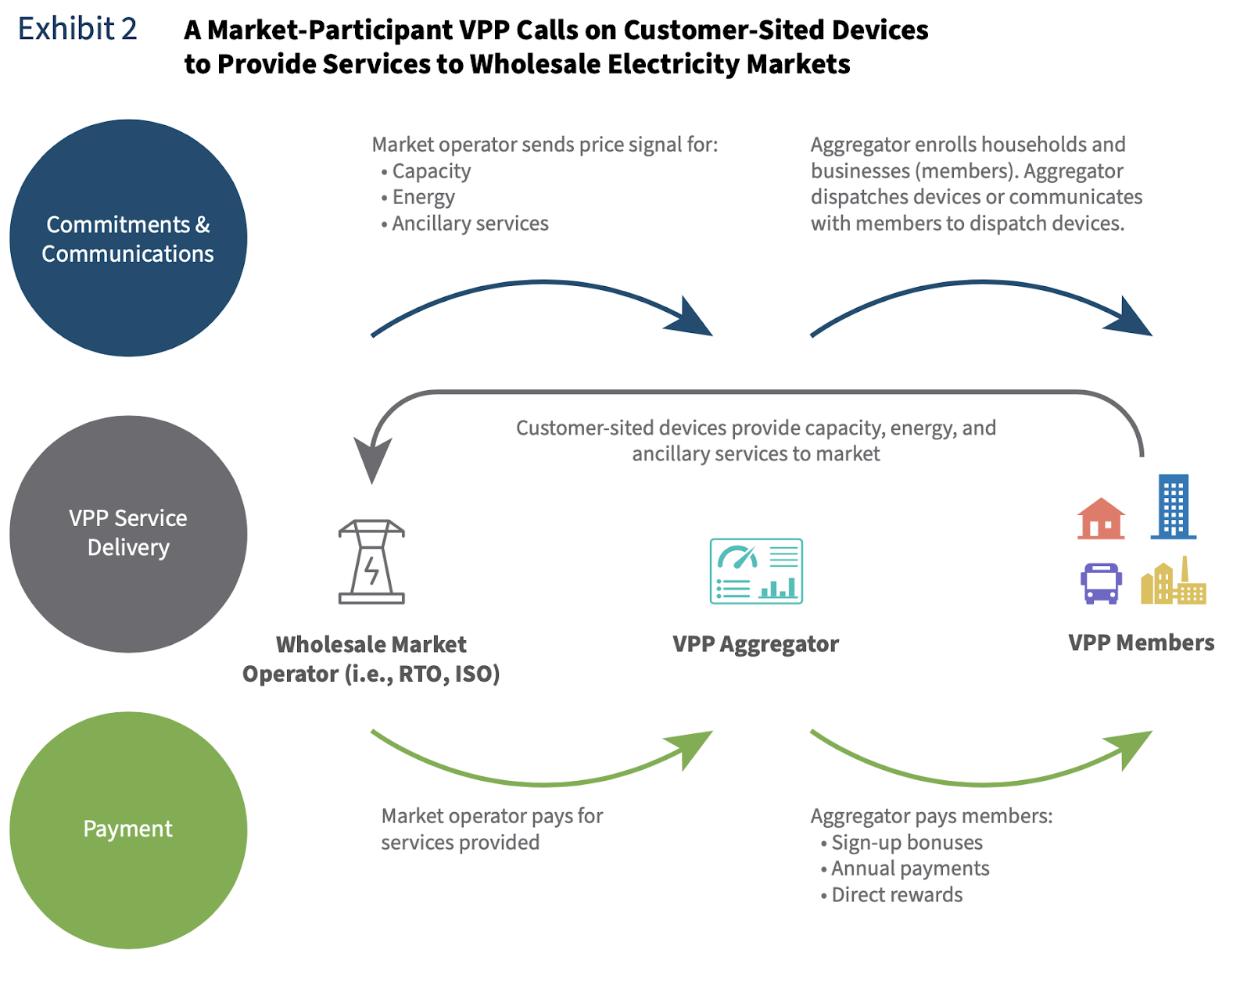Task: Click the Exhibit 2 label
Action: coord(77,29)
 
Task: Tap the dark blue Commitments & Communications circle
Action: coord(128,238)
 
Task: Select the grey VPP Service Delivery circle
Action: coord(128,533)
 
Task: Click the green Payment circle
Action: coord(128,829)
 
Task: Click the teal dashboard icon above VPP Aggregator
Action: coord(755,571)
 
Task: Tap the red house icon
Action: coord(1101,519)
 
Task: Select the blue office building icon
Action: coord(1173,507)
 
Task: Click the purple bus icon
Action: coord(1101,583)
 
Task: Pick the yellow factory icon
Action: coord(1173,583)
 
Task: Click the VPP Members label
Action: coord(1141,643)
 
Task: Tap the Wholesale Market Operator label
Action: coord(371,658)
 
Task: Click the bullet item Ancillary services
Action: coord(470,224)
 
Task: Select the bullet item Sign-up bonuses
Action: coord(906,843)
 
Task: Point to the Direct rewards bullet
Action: coord(897,895)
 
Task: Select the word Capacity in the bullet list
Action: coord(432,171)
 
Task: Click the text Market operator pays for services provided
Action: coord(491,829)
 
